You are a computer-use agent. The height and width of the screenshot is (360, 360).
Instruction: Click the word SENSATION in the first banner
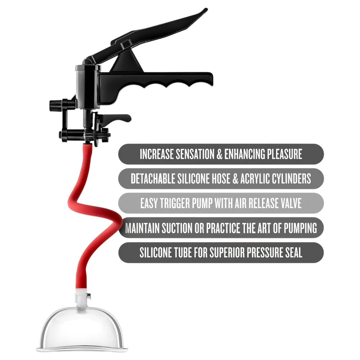point(195,154)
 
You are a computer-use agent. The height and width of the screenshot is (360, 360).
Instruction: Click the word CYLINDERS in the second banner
point(291,179)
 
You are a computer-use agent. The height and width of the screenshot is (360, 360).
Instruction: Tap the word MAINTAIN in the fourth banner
point(142,228)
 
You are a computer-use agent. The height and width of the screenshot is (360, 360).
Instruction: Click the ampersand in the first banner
point(220,154)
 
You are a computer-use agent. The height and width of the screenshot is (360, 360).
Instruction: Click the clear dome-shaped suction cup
point(82,329)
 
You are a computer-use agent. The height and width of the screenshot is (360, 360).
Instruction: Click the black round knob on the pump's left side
point(53,106)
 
